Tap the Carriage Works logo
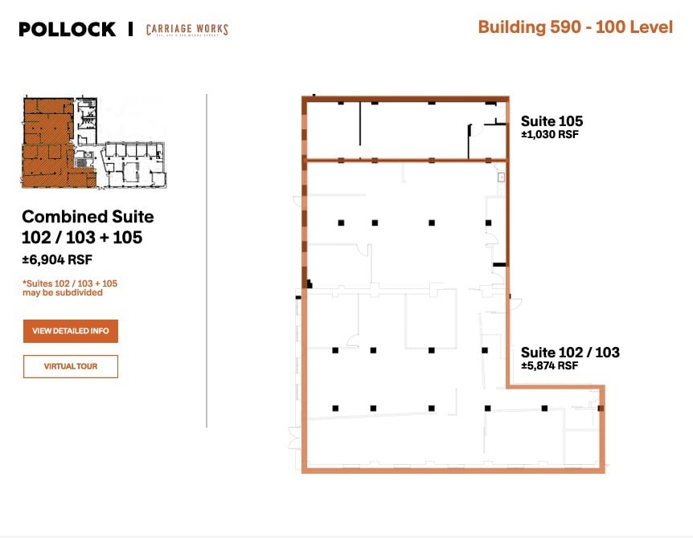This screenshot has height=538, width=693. (x=187, y=30)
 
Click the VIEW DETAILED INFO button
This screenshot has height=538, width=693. (x=71, y=331)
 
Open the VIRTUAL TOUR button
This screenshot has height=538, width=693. (x=71, y=366)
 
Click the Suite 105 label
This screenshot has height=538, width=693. (x=552, y=121)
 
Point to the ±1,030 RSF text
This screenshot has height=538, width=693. (x=550, y=135)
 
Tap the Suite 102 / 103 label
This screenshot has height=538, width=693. (x=570, y=352)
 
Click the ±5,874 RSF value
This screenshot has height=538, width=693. (x=550, y=365)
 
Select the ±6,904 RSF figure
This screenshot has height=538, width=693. (x=55, y=259)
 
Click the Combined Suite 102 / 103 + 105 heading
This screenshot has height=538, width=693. (x=88, y=226)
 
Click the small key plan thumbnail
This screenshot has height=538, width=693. (x=94, y=143)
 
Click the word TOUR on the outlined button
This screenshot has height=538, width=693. (x=90, y=366)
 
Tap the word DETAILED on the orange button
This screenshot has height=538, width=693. (x=72, y=331)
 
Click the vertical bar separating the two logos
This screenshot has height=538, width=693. (x=130, y=30)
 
